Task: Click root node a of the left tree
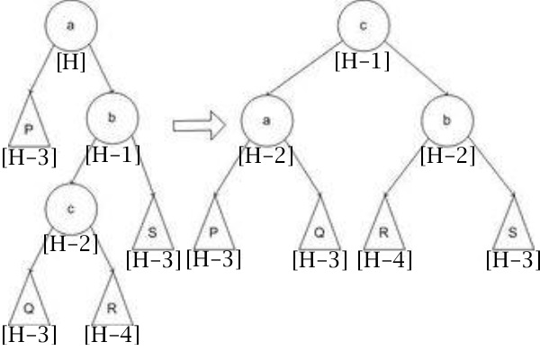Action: [71, 25]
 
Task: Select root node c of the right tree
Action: [364, 25]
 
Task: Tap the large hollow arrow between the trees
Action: [200, 125]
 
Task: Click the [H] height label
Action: [71, 62]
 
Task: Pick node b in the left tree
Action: [112, 118]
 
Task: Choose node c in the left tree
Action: [71, 209]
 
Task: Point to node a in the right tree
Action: [267, 121]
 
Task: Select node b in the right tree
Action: [447, 121]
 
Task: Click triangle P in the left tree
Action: [30, 125]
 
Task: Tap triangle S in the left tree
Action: [153, 228]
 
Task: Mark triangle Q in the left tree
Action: [30, 303]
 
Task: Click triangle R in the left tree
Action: [112, 303]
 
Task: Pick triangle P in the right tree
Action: [214, 228]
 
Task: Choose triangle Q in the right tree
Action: [319, 228]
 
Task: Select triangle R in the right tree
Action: [384, 228]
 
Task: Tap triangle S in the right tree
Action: [514, 228]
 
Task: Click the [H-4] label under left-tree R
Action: [112, 335]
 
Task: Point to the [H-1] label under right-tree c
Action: [363, 61]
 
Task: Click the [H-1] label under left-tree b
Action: [113, 155]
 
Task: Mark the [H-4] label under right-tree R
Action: [384, 260]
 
